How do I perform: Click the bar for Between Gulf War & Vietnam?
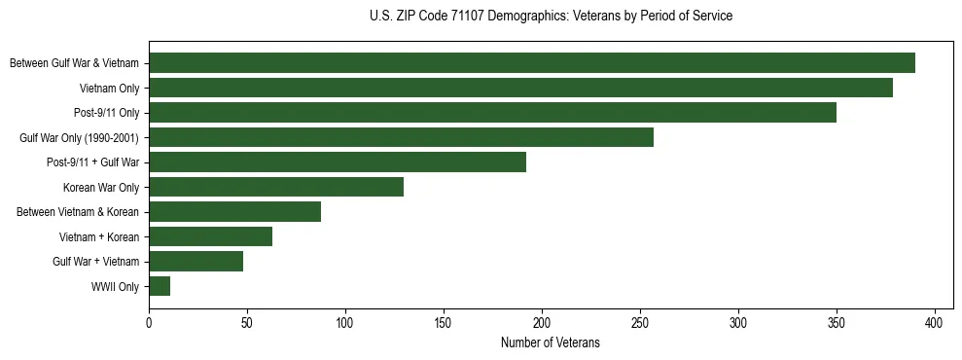point(532,63)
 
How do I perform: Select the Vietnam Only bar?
point(520,88)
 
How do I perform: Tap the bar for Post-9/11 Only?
point(492,113)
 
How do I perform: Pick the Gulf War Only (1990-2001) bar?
point(401,137)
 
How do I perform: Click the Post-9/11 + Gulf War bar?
point(338,162)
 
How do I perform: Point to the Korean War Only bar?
point(276,187)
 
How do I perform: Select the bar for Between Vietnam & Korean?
point(234,212)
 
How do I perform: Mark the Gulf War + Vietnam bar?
point(196,262)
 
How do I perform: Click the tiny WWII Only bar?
point(160,286)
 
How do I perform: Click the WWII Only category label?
point(115,287)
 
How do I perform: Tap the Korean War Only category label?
point(101,188)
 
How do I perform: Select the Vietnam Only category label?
point(109,89)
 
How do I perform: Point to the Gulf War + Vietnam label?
point(95,262)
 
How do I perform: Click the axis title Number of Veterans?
point(550,342)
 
